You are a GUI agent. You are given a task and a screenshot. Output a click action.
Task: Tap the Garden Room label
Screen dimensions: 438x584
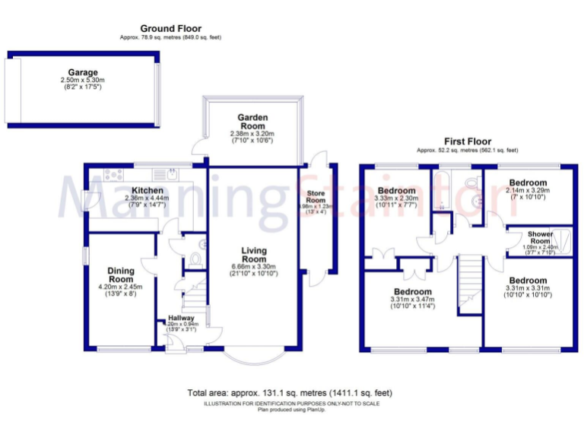(x=252, y=119)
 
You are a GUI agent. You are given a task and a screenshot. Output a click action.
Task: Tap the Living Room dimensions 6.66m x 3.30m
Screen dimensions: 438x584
(x=255, y=267)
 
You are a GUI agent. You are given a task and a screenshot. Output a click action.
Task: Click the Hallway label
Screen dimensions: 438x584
(x=182, y=318)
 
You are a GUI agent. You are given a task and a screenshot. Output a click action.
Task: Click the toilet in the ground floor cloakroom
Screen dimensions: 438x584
(x=196, y=259)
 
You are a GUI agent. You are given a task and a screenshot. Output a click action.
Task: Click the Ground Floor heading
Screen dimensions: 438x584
(x=170, y=29)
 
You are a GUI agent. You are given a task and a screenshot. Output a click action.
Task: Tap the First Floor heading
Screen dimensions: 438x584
(x=468, y=141)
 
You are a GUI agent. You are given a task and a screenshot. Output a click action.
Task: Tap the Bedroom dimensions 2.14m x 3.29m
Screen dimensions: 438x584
(x=528, y=191)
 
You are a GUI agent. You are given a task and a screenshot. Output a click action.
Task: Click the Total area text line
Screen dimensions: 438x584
(x=290, y=393)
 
